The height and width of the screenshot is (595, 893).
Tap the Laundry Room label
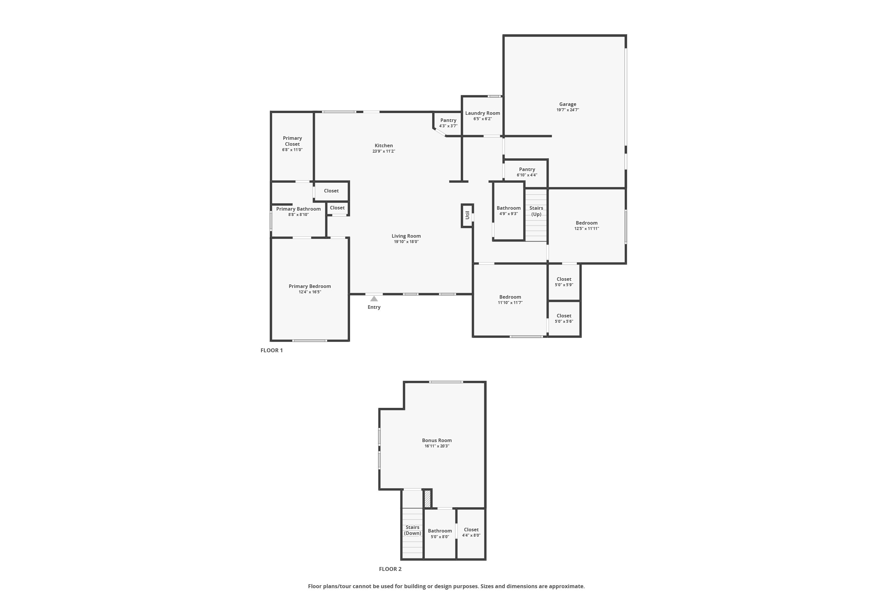[x=483, y=113]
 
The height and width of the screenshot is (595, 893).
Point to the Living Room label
[x=406, y=236]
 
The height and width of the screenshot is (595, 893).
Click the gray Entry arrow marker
[x=374, y=299]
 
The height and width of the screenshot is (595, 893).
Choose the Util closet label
[x=467, y=215]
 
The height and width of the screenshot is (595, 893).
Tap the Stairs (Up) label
[x=536, y=211]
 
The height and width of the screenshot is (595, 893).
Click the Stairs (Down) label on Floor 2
[x=412, y=530]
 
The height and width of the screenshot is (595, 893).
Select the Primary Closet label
[x=292, y=141]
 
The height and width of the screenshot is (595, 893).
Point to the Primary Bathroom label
[x=299, y=209]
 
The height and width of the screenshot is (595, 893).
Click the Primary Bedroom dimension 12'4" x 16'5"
[x=310, y=292]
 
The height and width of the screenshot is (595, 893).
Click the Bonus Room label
[x=437, y=441]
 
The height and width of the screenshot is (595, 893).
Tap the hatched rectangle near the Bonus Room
[x=427, y=499]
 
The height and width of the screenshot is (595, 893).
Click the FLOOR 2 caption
[x=390, y=569]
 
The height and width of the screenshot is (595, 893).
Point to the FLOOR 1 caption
[x=272, y=350]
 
